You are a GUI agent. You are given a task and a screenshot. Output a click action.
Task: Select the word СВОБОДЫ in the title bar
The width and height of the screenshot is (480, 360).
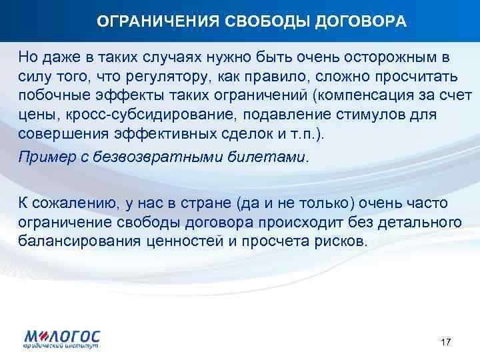pyautogui.click(x=255, y=22)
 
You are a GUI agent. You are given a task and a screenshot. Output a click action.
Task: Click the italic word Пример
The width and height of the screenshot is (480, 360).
pyautogui.click(x=43, y=157)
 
